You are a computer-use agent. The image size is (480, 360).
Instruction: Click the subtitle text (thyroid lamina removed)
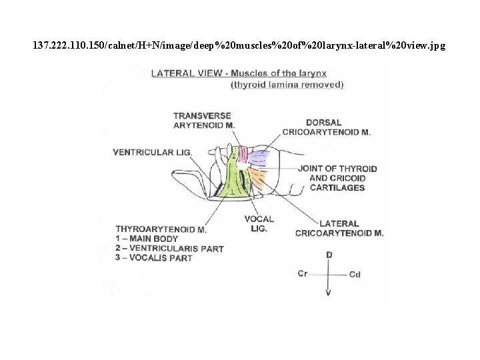[x=287, y=85]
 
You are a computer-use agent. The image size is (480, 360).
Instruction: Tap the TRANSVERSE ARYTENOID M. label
[x=203, y=120]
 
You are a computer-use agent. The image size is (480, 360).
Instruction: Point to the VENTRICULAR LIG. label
[x=153, y=152]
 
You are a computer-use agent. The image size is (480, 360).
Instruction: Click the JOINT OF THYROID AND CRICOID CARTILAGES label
[x=338, y=178]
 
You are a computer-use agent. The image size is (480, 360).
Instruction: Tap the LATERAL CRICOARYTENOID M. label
[x=339, y=228]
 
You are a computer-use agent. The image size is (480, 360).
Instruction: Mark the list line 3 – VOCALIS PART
[x=154, y=258]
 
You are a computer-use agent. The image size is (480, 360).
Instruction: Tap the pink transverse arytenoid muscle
[x=243, y=155]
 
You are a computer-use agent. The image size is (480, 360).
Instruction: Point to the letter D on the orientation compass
[x=329, y=255]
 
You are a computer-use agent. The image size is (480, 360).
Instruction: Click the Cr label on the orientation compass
[x=303, y=274]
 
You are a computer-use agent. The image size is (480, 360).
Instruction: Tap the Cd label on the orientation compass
[x=355, y=274]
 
